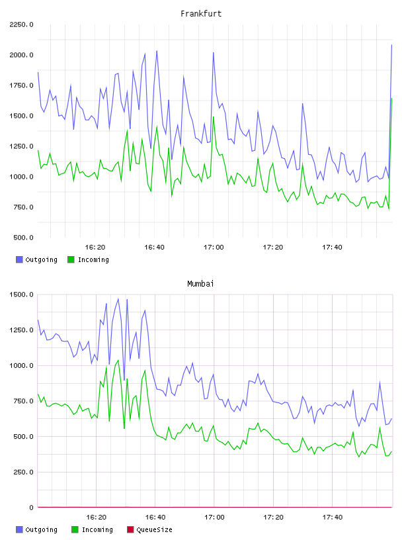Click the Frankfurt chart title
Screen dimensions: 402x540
click(201, 14)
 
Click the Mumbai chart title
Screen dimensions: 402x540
click(200, 284)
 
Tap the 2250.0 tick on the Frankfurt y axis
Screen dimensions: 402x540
click(21, 24)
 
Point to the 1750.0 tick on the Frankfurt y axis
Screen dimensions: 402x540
click(21, 85)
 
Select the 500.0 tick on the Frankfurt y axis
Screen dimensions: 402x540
click(23, 238)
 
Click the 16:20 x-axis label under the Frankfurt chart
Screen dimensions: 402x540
click(95, 247)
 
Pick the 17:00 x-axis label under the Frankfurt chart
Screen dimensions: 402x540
click(214, 247)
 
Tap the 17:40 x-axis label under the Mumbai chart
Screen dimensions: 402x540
click(333, 517)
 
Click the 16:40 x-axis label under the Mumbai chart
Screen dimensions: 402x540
click(155, 517)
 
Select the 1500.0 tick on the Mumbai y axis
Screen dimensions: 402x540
click(21, 294)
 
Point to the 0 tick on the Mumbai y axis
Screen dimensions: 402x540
click(31, 508)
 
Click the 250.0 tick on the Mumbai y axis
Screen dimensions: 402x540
click(23, 472)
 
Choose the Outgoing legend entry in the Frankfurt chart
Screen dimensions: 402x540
click(36, 259)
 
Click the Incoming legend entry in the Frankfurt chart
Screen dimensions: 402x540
click(88, 259)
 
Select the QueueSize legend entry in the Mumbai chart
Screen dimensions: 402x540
click(149, 529)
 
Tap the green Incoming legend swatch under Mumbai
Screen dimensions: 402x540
click(75, 529)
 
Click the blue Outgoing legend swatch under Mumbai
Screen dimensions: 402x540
click(19, 529)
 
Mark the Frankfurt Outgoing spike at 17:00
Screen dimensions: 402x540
click(214, 53)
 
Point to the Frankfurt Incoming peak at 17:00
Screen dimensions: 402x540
click(214, 117)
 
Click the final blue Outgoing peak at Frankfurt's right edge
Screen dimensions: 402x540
click(391, 45)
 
